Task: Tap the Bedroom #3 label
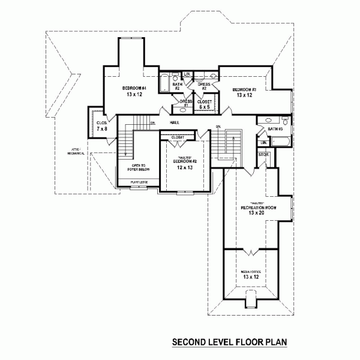(244, 89)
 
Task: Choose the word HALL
(175, 122)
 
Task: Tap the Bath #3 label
(275, 129)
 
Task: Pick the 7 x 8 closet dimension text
(101, 128)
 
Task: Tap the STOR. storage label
(263, 155)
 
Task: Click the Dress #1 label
(186, 103)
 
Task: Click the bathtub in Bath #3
(280, 142)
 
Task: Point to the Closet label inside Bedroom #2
(178, 137)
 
